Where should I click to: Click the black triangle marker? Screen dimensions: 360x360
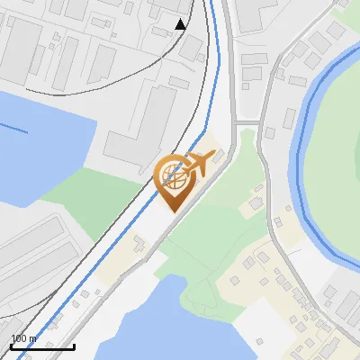(x=181, y=23)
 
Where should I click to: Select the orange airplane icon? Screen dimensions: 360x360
(x=201, y=164)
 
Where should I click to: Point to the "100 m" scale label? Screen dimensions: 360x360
(x=23, y=338)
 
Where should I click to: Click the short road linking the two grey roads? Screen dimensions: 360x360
(x=247, y=122)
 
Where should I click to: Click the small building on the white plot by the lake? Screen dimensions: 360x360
(x=138, y=243)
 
